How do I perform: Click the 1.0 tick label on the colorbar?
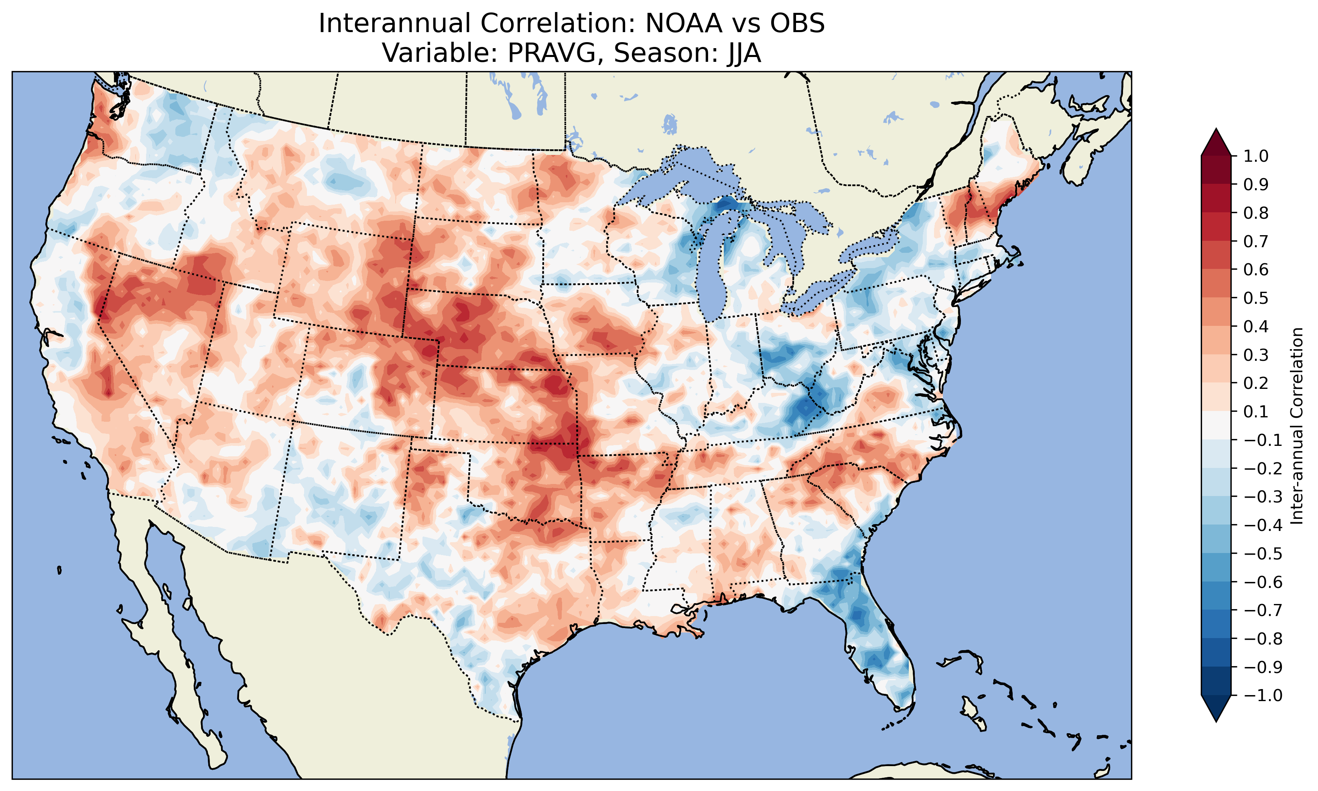[1256, 156]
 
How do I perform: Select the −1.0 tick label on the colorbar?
[1263, 695]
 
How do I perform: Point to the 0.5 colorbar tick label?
[1256, 298]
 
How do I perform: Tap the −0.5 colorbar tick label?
[1263, 554]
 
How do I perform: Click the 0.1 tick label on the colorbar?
[1256, 411]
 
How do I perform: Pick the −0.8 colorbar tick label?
[1263, 638]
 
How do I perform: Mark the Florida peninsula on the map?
[874, 640]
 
